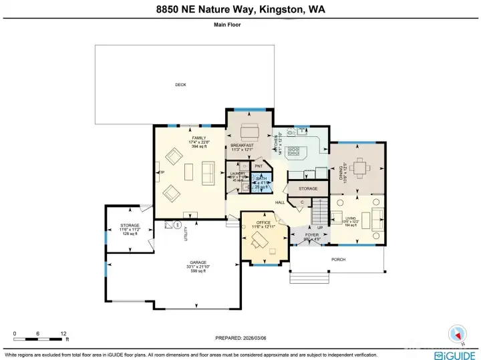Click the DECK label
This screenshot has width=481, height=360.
tap(180, 85)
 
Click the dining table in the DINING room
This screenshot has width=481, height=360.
tap(361, 168)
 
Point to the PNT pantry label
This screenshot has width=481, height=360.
tap(258, 166)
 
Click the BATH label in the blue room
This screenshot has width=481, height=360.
tap(261, 178)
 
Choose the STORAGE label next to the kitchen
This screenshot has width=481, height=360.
tap(308, 189)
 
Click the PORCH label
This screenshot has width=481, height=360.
tap(338, 259)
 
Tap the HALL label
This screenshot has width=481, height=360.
tap(280, 202)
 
